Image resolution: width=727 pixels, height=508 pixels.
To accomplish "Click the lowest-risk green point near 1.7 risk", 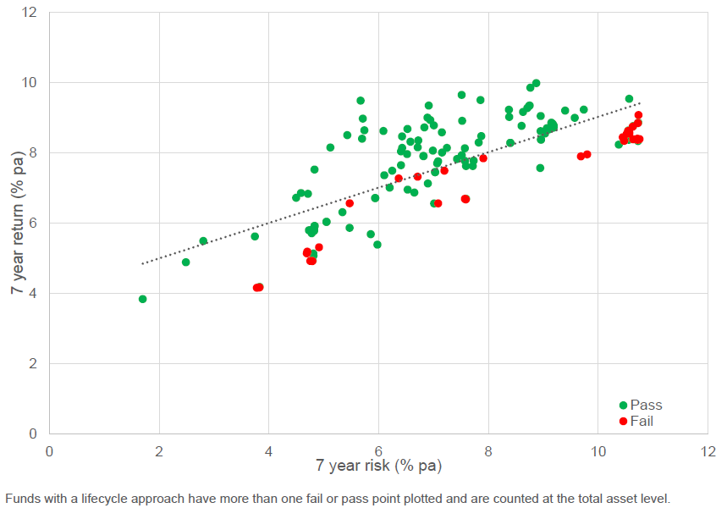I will (x=142, y=299).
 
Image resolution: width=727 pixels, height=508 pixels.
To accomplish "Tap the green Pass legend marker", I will (x=624, y=406).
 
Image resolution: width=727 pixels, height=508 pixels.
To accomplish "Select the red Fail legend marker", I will (x=624, y=421).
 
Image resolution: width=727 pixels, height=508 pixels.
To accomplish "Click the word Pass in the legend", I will (x=647, y=406).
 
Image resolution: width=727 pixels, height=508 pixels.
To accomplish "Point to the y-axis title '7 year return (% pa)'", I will (x=17, y=224).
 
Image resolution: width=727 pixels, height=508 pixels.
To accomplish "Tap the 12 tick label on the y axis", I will (x=30, y=13).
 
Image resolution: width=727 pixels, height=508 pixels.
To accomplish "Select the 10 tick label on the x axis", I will (x=598, y=450).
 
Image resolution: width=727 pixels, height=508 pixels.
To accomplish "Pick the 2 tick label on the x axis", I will (x=159, y=450).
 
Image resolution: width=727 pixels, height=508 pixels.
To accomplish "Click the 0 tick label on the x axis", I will (x=49, y=450).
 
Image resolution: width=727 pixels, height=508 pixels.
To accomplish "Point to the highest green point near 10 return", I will (x=536, y=83).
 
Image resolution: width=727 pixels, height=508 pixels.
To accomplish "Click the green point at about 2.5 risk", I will (x=186, y=262).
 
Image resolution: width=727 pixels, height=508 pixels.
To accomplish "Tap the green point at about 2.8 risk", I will (x=203, y=240).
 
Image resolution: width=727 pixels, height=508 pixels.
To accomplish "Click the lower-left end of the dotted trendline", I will (x=142, y=264).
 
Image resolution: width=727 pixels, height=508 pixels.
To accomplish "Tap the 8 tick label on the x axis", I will (x=488, y=450).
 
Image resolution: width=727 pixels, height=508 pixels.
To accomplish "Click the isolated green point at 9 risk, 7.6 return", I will (x=540, y=168).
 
